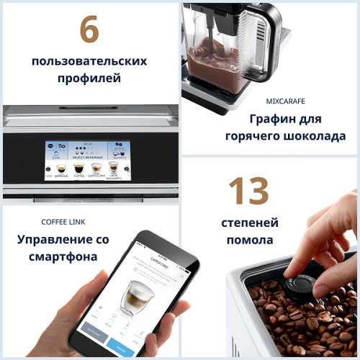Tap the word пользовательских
point(89,60)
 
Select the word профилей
point(89,78)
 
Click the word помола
point(249,240)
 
